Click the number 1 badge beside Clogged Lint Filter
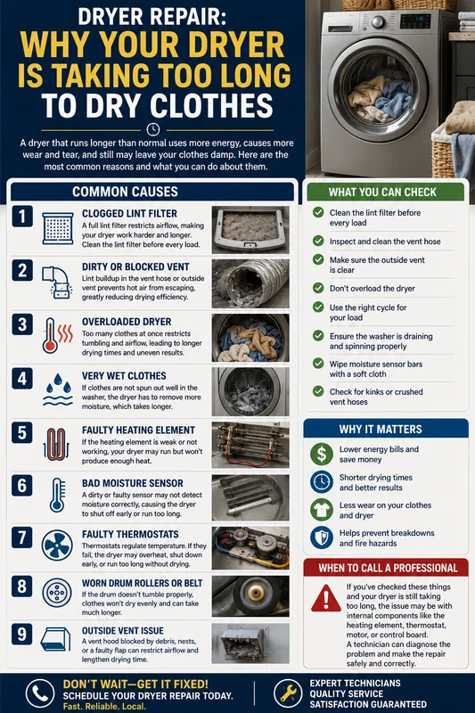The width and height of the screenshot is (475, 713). [x=21, y=216]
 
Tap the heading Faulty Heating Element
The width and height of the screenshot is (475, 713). [x=138, y=430]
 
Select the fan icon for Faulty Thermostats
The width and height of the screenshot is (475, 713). [x=57, y=545]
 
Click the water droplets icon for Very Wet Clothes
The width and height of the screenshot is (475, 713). [x=58, y=389]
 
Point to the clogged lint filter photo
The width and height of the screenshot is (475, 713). [x=250, y=230]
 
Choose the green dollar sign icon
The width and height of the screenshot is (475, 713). [x=322, y=454]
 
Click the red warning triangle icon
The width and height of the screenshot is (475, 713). [x=326, y=598]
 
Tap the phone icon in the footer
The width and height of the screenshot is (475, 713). [x=40, y=693]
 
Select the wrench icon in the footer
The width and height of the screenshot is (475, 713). [x=288, y=693]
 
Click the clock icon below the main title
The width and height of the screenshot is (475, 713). [x=153, y=129]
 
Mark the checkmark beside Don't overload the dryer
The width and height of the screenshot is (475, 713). [x=318, y=288]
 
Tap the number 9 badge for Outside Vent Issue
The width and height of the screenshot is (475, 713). [x=21, y=634]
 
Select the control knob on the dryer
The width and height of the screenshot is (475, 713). [x=378, y=21]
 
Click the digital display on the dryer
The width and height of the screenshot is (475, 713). [x=415, y=20]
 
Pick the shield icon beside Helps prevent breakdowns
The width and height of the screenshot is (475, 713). [x=322, y=537]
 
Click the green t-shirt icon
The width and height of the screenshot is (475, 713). [x=322, y=510]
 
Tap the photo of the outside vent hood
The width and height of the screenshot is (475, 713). [x=250, y=643]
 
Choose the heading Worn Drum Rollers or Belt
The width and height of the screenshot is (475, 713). [x=142, y=583]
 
